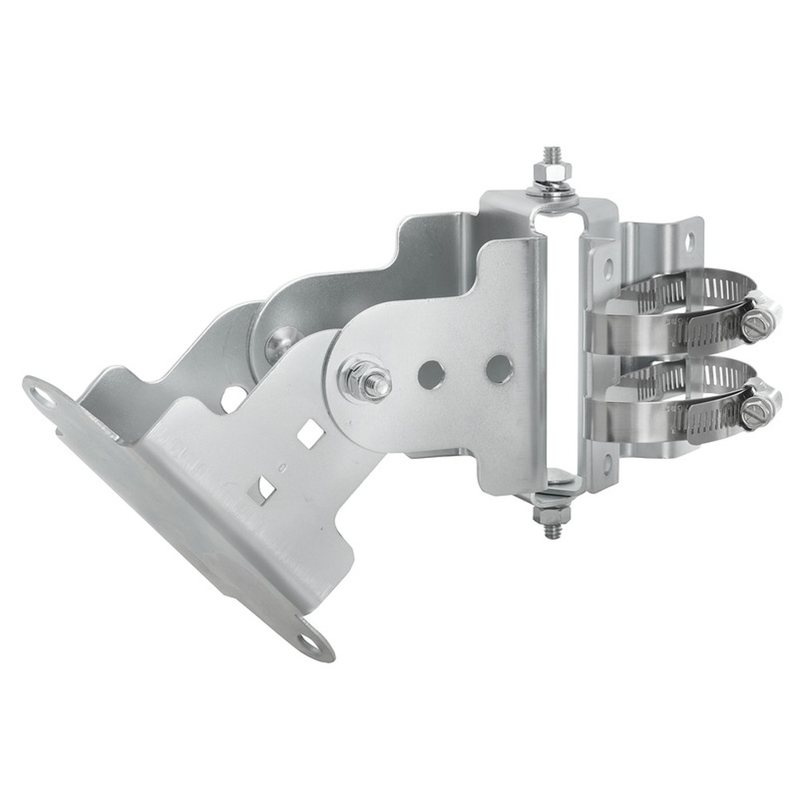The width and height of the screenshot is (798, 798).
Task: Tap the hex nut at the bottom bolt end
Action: click(551, 515)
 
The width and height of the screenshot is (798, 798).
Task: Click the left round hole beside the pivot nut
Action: click(431, 373)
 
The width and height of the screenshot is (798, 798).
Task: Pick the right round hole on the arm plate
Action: click(500, 368)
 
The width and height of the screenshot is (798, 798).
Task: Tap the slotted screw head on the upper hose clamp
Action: click(755, 326)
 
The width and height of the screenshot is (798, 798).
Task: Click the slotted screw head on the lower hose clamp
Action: click(754, 412)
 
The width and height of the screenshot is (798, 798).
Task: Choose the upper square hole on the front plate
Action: click(310, 433)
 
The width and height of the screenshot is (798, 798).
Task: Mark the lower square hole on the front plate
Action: click(263, 488)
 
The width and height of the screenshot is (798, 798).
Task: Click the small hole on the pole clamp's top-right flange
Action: click(688, 238)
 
